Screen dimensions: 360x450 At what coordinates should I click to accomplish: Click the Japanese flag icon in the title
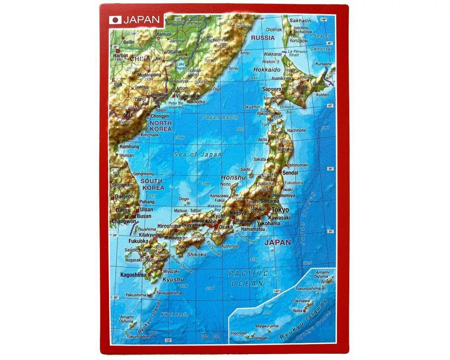tap(116, 20)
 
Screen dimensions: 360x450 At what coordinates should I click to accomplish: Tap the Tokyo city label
tap(279, 210)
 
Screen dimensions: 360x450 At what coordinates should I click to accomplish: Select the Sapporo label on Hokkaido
tap(272, 89)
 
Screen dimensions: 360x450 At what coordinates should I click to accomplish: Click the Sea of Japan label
tap(198, 154)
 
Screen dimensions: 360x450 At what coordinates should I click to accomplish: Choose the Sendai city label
tap(291, 172)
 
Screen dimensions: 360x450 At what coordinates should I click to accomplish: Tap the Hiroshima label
tap(169, 226)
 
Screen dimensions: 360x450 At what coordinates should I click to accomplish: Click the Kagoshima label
tap(133, 274)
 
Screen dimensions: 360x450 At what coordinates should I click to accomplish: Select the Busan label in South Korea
tap(144, 216)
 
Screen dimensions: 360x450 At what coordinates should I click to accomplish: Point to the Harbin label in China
tap(121, 56)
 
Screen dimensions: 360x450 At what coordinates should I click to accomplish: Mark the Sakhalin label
tap(300, 21)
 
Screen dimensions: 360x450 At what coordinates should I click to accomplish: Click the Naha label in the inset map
tap(298, 310)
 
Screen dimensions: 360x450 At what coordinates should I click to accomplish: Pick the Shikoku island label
tap(196, 255)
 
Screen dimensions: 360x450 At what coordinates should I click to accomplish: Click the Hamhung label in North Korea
tap(128, 146)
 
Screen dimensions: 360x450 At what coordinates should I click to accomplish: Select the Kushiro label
tap(322, 95)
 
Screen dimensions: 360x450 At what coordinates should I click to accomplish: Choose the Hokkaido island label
tap(267, 70)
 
